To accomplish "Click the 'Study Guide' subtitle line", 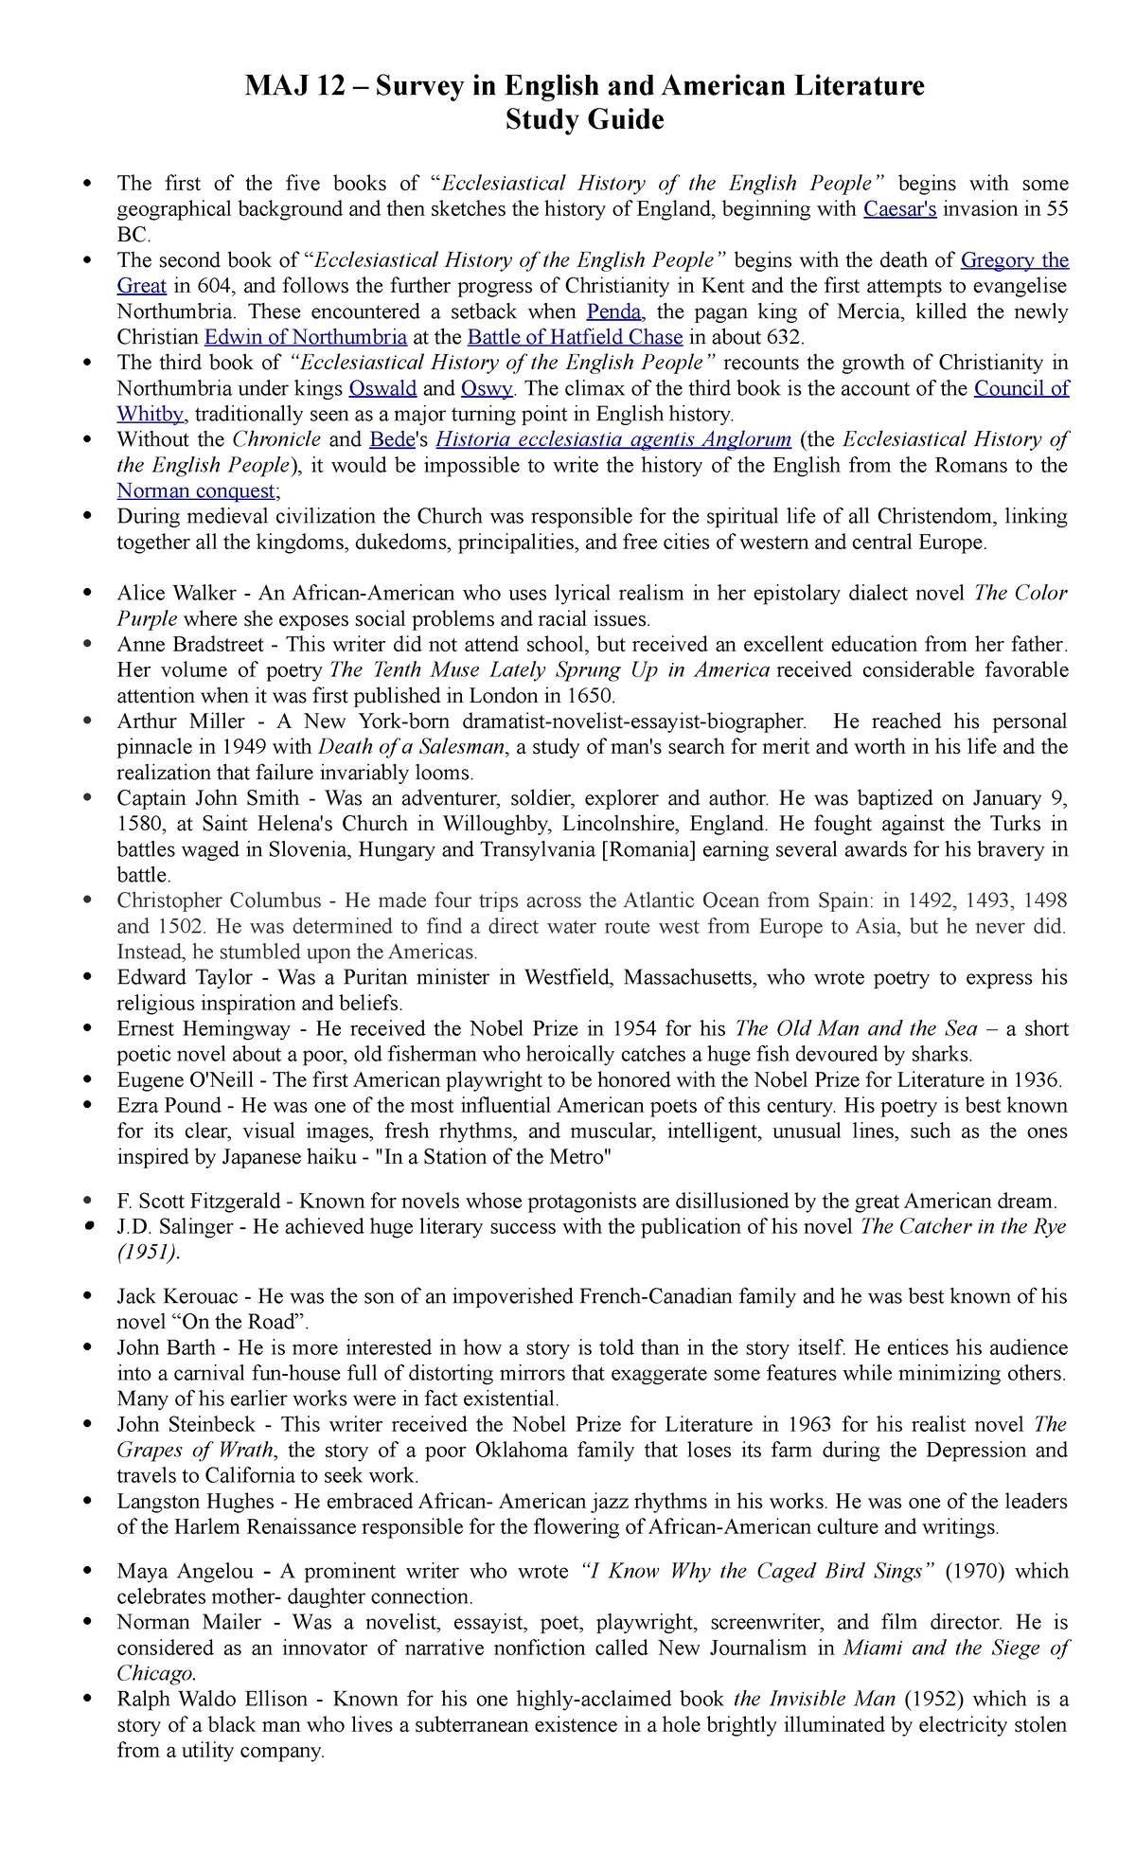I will click(584, 120).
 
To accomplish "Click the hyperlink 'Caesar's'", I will click(899, 209).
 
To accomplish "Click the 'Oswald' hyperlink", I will click(382, 388).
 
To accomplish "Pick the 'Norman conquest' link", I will click(195, 490).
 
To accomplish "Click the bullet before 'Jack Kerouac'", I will click(88, 1296).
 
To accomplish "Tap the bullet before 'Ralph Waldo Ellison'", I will click(88, 1699).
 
